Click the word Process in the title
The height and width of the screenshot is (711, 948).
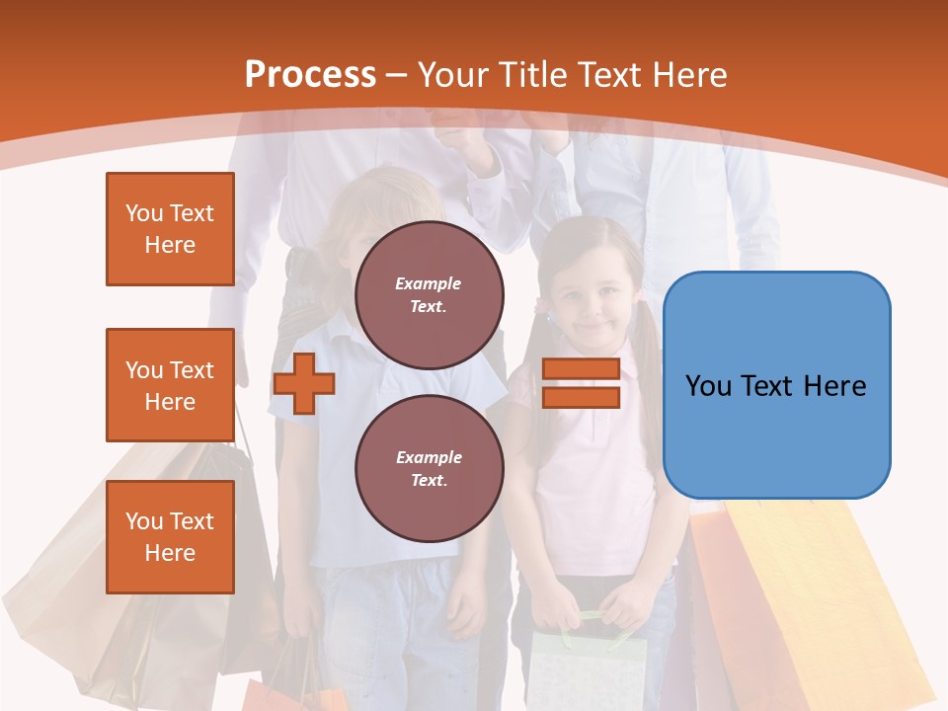point(310,74)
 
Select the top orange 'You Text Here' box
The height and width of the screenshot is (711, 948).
point(170,229)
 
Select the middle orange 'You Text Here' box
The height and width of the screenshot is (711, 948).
point(170,385)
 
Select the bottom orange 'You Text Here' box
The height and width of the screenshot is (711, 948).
point(170,537)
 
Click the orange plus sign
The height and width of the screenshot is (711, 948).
point(303,383)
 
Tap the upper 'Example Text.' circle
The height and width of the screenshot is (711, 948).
point(429,294)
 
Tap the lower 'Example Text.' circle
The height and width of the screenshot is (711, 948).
point(429,468)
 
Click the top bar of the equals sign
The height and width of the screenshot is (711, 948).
point(581,369)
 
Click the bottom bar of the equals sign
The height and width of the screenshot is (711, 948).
point(581,397)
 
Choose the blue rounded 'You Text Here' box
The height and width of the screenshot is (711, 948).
point(776,385)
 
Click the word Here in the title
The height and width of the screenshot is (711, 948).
point(687,74)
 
